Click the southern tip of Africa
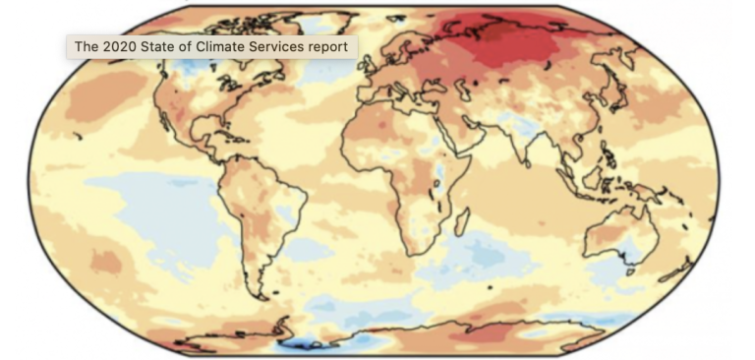pos(413,254)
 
